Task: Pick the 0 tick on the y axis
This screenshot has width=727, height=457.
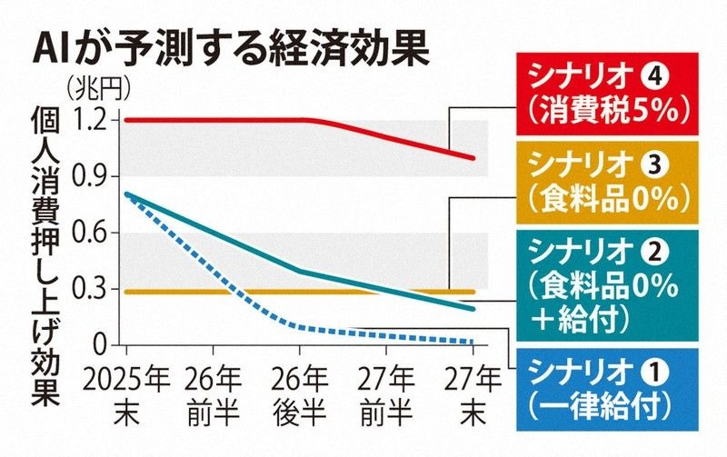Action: point(101,345)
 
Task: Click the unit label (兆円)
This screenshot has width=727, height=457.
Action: point(99,88)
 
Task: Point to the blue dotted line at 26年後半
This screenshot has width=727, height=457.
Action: point(300,327)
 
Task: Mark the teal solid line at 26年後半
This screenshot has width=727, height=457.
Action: point(300,271)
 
